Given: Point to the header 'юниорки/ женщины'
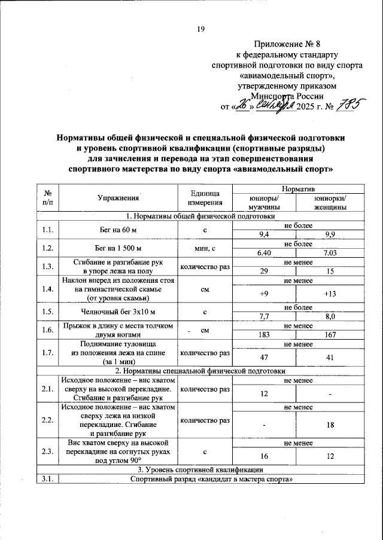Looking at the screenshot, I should coord(328,203).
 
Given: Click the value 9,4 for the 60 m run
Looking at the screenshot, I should coord(263,234).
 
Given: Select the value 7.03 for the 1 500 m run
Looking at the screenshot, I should coord(328,252).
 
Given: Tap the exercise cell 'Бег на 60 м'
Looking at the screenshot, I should coord(118,230).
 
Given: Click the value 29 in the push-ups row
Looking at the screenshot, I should coord(263,271).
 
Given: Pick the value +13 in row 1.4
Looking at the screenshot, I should coord(328,294).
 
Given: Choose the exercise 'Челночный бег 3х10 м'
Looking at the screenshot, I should coord(118,312).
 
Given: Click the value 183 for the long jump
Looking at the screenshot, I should coord(263,334).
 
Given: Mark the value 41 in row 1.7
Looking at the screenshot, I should coord(328,357).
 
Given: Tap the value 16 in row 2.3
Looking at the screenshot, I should coord(263,456).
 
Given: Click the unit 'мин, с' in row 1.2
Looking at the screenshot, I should coord(206,248).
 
